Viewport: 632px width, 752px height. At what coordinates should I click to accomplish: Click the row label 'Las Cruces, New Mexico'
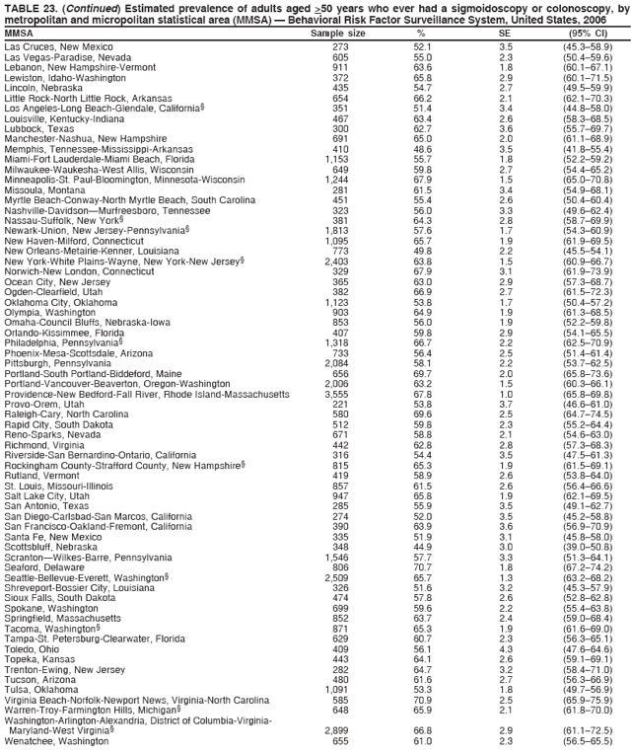(57, 46)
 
